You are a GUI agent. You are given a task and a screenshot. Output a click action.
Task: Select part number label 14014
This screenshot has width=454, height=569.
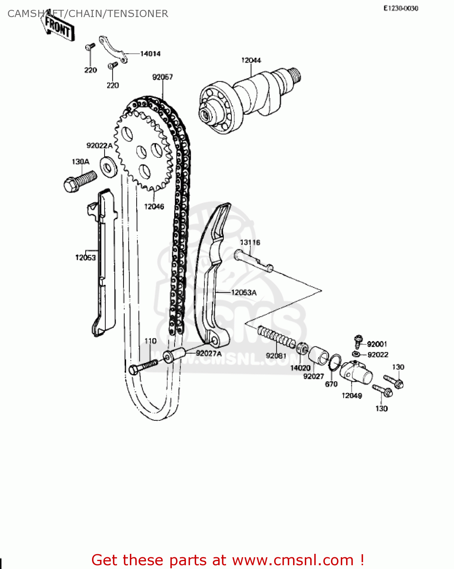tap(150, 54)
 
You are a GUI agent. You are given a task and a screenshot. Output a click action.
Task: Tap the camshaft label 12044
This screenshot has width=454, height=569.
tap(251, 60)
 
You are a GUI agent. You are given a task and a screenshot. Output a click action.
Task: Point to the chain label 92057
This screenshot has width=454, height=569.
tap(162, 77)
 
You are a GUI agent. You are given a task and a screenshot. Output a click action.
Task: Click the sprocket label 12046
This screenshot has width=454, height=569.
tap(154, 206)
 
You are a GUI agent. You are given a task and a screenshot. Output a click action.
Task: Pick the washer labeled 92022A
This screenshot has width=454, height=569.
tap(108, 166)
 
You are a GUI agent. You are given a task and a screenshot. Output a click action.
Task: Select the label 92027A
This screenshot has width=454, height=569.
tap(208, 354)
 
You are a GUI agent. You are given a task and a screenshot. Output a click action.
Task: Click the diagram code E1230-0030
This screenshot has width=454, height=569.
tap(401, 8)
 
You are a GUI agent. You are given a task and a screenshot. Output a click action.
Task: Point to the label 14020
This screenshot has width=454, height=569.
tap(300, 368)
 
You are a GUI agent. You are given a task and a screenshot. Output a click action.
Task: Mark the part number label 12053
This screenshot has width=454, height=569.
tap(86, 258)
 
